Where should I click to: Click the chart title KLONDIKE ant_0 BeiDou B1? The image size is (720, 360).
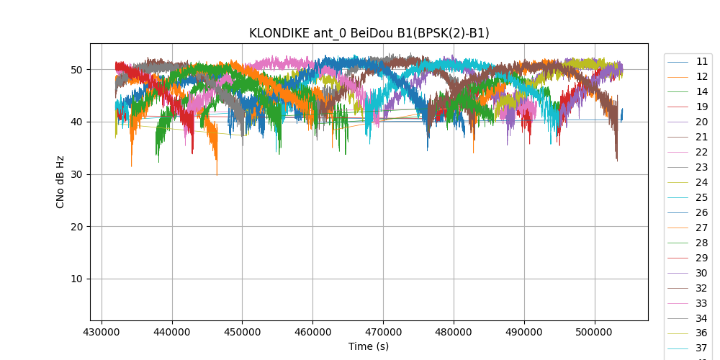[x=369, y=33]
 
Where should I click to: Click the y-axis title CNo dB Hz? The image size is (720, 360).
[x=60, y=182]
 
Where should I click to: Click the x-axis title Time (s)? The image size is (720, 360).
[x=369, y=346]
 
